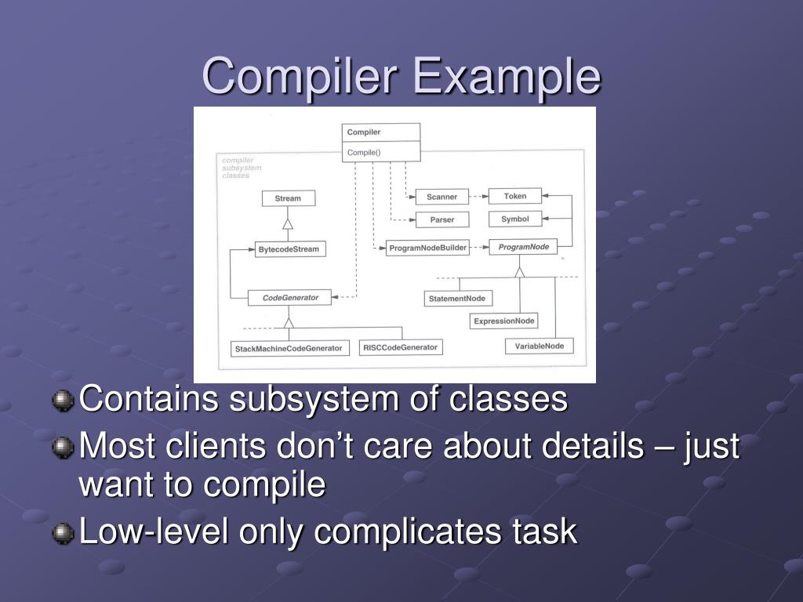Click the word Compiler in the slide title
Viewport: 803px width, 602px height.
pos(301,77)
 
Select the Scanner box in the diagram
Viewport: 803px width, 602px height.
pos(441,197)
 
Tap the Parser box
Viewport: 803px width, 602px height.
pos(441,219)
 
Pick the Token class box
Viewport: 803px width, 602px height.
pos(515,196)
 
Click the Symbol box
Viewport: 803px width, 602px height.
pos(515,219)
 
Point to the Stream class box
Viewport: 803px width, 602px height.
pos(288,198)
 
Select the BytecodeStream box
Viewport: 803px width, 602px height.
pos(289,249)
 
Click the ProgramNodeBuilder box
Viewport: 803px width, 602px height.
pos(428,248)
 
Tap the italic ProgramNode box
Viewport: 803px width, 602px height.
pos(523,247)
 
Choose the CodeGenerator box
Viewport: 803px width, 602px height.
pos(289,298)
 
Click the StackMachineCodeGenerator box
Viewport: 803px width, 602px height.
pos(289,348)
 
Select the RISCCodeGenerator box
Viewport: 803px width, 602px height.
pos(400,347)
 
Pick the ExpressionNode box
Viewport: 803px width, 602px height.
pos(504,321)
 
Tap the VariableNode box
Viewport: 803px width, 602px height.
pos(539,346)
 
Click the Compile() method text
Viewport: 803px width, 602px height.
pos(364,152)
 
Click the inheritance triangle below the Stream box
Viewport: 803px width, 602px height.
pos(288,224)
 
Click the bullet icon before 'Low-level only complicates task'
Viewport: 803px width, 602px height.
pos(62,534)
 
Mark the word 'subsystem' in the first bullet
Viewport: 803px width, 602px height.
pos(314,399)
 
